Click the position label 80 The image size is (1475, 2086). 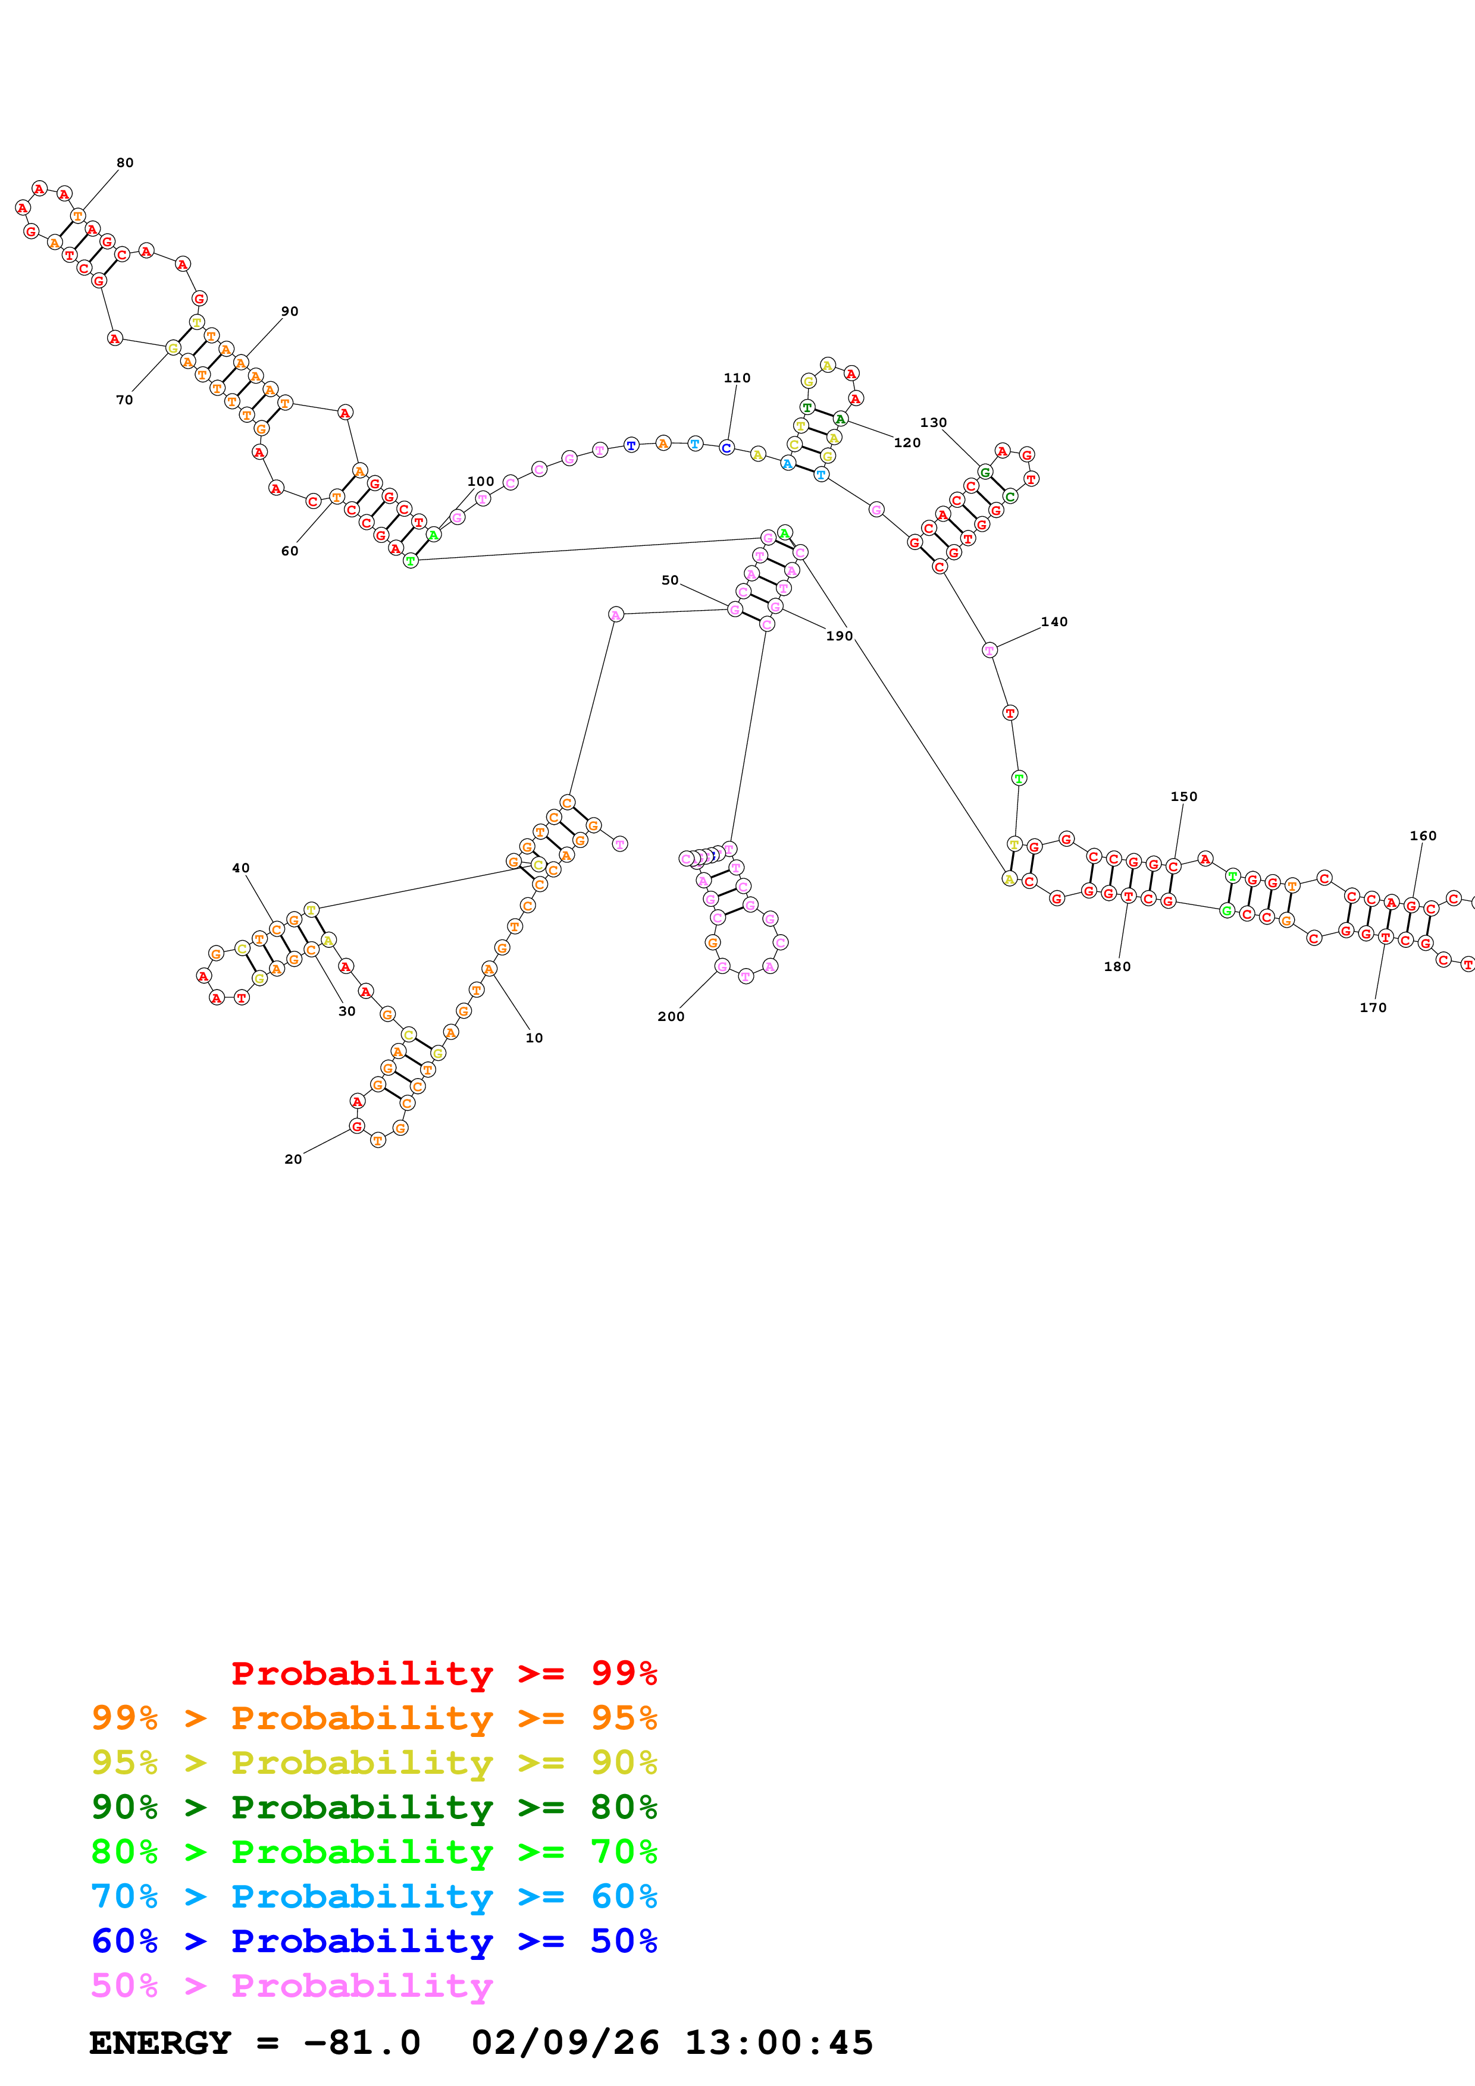click(x=124, y=162)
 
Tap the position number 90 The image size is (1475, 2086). click(x=289, y=311)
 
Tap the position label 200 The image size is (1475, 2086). click(x=671, y=1017)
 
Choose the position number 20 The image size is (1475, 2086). click(x=293, y=1160)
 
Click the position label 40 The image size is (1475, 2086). click(x=241, y=868)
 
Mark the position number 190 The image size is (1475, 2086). click(x=839, y=636)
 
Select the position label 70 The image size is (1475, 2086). click(x=124, y=400)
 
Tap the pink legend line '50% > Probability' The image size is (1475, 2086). click(x=292, y=1986)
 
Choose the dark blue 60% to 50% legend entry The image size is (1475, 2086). click(x=374, y=1942)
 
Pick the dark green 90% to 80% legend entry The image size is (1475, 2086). click(x=374, y=1807)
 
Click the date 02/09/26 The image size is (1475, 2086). click(x=565, y=2043)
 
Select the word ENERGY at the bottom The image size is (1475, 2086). click(x=160, y=2043)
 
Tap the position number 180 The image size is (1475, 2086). click(x=1117, y=967)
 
